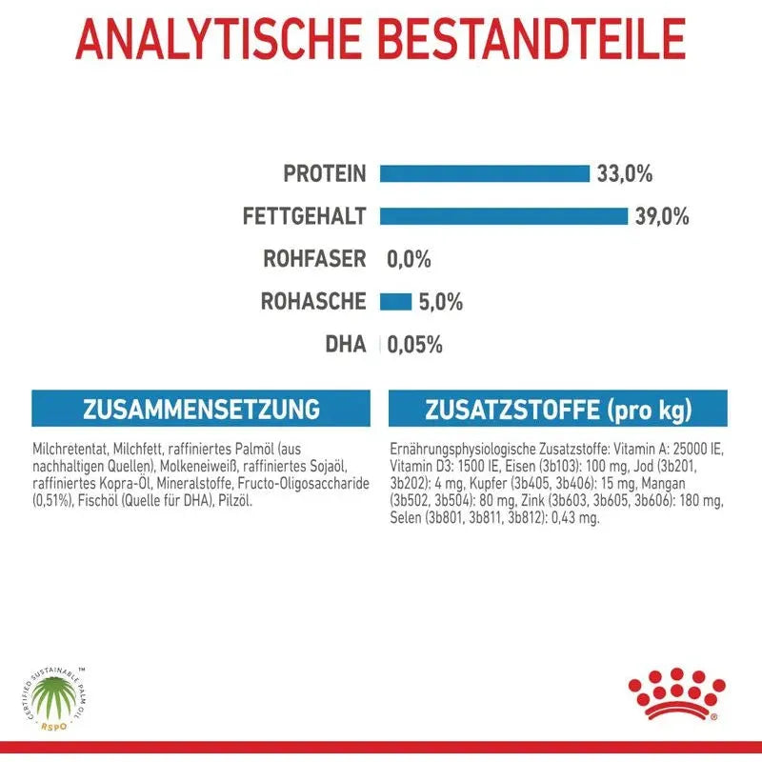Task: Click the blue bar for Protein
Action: click(485, 173)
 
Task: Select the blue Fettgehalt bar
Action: click(504, 216)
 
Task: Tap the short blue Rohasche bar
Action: click(395, 302)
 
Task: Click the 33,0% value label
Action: click(625, 173)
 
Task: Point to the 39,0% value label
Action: click(662, 216)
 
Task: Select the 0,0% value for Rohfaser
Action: click(409, 259)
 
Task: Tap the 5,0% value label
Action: click(440, 303)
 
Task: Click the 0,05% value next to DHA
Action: click(414, 345)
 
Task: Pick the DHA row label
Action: click(346, 345)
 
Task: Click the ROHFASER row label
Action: click(314, 259)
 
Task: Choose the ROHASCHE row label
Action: click(313, 302)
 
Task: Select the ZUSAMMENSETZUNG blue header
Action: click(201, 410)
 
